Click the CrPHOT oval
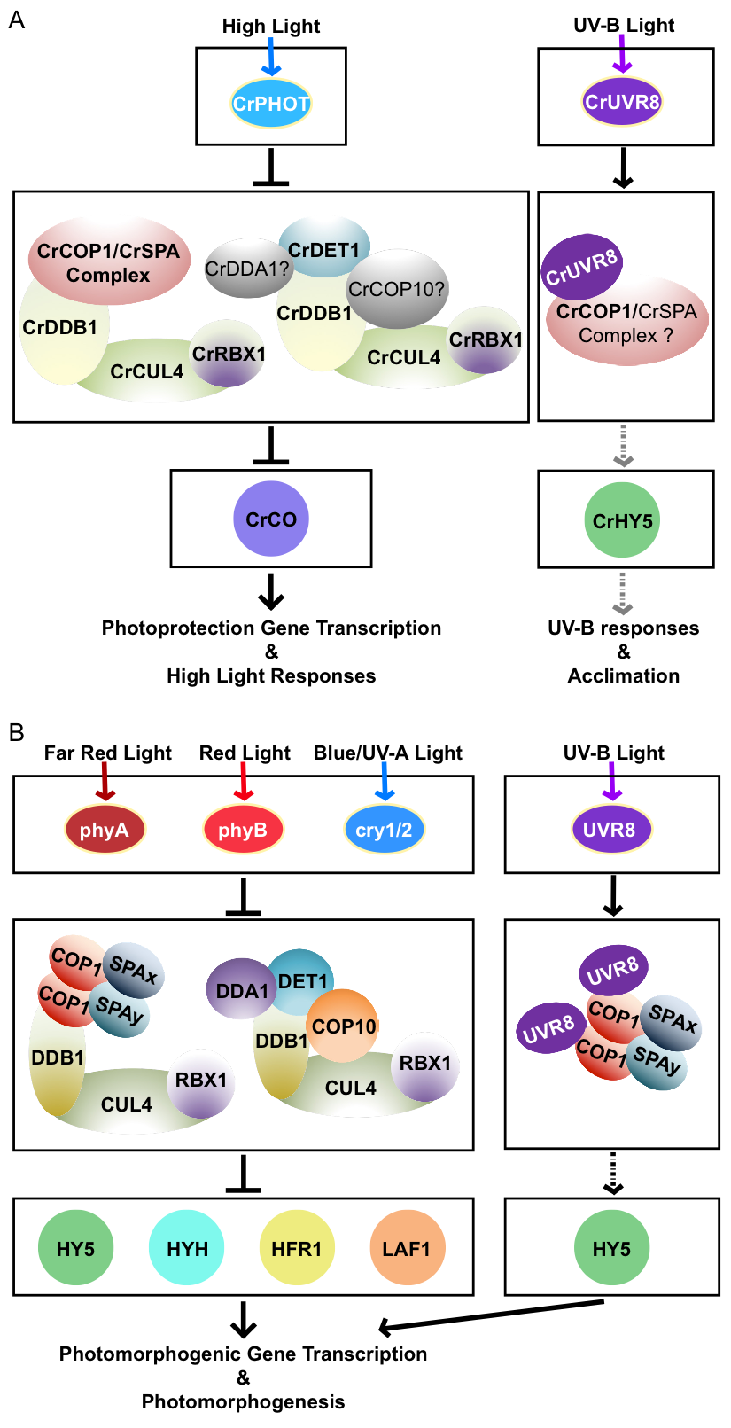coord(271,104)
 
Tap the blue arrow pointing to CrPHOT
coord(271,58)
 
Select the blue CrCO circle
coord(271,519)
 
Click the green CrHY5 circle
coord(622,520)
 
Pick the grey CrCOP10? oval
coord(397,289)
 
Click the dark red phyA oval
coord(105,830)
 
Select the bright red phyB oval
coord(243,830)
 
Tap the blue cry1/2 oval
coord(384,830)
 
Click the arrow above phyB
coord(244,782)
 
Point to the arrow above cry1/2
coord(385,782)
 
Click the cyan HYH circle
coord(187,1248)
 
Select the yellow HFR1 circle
coord(297,1248)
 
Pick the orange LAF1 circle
coord(407,1248)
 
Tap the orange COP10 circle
coord(344,1026)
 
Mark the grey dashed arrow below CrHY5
coord(623,594)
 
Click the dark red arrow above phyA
coord(105,782)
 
